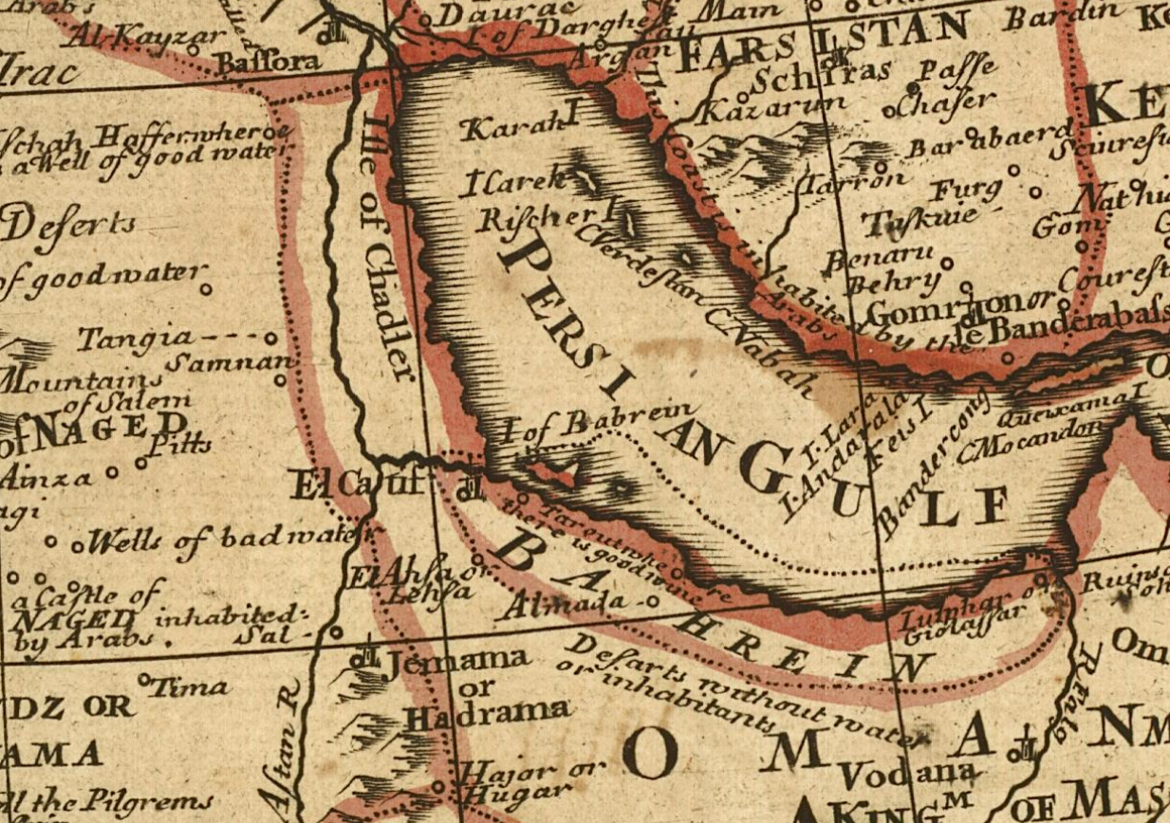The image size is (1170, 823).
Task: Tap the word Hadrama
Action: pyautogui.click(x=489, y=714)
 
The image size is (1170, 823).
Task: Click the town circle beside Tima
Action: pyautogui.click(x=144, y=679)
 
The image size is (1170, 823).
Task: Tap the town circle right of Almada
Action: pyautogui.click(x=653, y=601)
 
